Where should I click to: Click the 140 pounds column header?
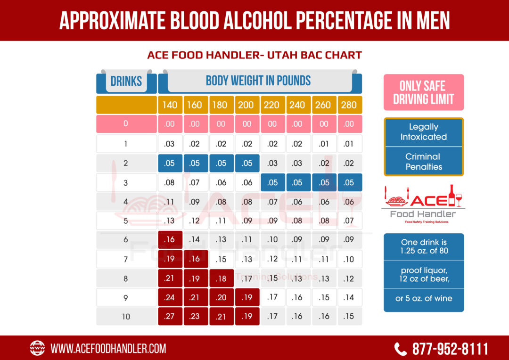(x=170, y=105)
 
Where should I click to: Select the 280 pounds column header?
(x=349, y=105)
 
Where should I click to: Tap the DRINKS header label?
(x=126, y=81)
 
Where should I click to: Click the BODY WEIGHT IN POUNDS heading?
(x=258, y=81)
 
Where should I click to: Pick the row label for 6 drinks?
(x=126, y=239)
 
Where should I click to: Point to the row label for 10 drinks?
(x=126, y=316)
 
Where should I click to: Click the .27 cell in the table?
(x=170, y=316)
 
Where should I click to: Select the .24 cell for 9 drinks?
(x=170, y=297)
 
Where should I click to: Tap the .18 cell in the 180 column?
(x=221, y=278)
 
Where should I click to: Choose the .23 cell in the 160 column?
(x=195, y=316)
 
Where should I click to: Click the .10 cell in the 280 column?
(x=349, y=259)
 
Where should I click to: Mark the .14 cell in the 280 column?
(x=349, y=297)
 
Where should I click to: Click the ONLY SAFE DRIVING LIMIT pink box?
(x=423, y=92)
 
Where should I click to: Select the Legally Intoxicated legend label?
(x=423, y=132)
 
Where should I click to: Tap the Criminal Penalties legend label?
(x=423, y=162)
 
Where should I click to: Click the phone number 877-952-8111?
(x=450, y=349)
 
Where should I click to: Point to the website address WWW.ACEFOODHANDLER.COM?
(x=108, y=349)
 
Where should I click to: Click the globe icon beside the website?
(x=37, y=348)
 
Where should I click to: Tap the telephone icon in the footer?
(x=400, y=349)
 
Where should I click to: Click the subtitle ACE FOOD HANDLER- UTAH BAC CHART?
(x=254, y=55)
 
